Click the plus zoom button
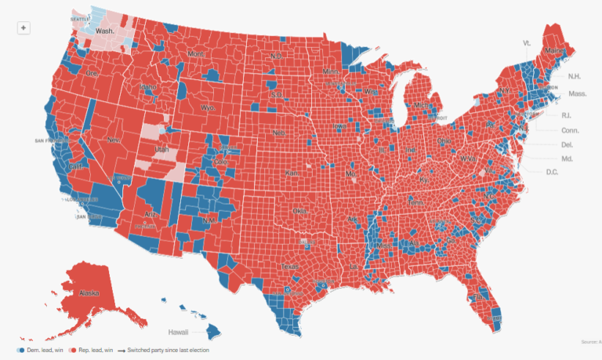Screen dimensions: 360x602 24,27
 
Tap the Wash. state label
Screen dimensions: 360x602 106,31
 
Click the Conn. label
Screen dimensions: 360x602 570,129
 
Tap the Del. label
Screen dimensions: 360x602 567,144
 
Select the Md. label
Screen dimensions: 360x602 567,158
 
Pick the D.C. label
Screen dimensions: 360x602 552,171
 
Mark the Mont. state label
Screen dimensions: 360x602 195,53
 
